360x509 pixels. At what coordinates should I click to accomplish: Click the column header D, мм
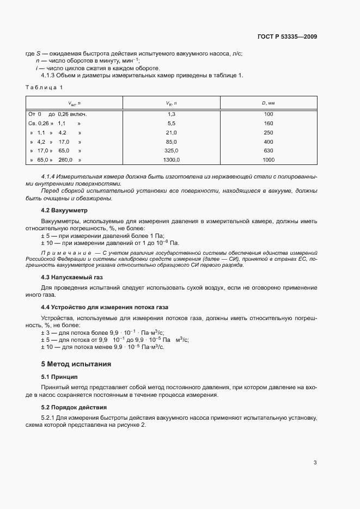pyautogui.click(x=268, y=103)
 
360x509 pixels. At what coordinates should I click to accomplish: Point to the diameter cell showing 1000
pyautogui.click(x=268, y=160)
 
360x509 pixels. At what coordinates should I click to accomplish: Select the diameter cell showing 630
pyautogui.click(x=268, y=151)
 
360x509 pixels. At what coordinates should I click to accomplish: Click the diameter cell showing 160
pyautogui.click(x=268, y=124)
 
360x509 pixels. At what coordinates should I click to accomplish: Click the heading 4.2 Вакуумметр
pyautogui.click(x=64, y=210)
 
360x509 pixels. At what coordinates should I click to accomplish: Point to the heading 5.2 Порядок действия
pyautogui.click(x=74, y=407)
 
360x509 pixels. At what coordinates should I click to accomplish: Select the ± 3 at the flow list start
pyautogui.click(x=46, y=332)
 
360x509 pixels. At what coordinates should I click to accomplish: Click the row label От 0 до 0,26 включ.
pyautogui.click(x=57, y=114)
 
